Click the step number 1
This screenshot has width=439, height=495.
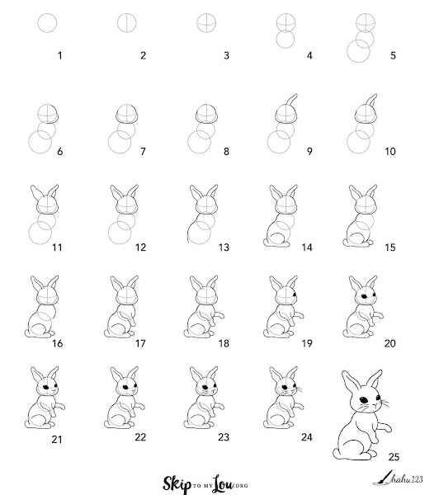click(x=59, y=55)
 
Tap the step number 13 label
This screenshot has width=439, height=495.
click(x=224, y=247)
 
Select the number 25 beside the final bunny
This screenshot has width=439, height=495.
click(x=394, y=456)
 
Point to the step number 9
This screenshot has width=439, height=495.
click(x=309, y=152)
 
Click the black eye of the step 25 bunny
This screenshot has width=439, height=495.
click(x=364, y=400)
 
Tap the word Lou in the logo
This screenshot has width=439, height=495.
click(x=222, y=484)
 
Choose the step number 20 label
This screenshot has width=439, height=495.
click(x=390, y=343)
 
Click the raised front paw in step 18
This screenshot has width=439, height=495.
click(x=219, y=314)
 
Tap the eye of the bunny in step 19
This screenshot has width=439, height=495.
click(x=295, y=295)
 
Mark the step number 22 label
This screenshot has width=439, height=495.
click(x=140, y=437)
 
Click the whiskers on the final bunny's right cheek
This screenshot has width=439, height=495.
click(x=384, y=403)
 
